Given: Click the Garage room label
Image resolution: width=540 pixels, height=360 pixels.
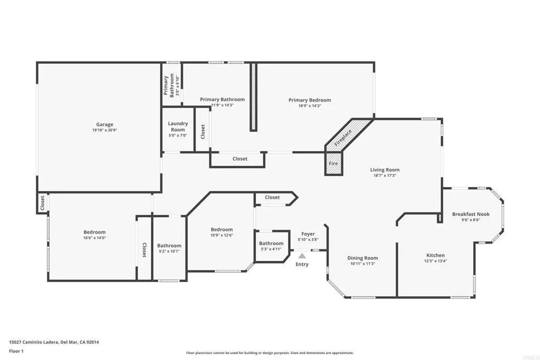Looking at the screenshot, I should click(104, 124).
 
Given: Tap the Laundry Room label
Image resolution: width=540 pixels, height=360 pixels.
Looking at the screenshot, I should click(178, 127).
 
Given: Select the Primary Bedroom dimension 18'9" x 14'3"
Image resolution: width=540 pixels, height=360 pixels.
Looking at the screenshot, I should click(310, 106).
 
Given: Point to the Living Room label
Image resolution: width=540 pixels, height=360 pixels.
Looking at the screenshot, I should click(384, 170).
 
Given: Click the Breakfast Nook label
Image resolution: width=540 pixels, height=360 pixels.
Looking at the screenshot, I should click(470, 214).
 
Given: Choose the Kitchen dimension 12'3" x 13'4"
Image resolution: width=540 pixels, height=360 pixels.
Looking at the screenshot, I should click(436, 261).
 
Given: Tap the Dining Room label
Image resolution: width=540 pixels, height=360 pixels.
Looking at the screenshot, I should click(362, 258).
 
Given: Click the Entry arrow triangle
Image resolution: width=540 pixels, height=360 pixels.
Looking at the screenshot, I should click(302, 256).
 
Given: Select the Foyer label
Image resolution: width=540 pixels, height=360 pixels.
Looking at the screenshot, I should click(308, 234).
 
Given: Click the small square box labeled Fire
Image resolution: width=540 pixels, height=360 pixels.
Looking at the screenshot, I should click(333, 163).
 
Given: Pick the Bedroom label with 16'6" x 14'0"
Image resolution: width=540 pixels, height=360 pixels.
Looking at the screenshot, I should click(94, 232).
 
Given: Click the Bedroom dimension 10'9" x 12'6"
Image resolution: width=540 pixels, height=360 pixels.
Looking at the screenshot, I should click(221, 235).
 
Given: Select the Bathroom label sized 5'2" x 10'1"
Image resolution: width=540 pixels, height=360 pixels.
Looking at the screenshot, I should click(169, 246).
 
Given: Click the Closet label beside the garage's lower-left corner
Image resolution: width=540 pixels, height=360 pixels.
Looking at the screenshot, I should click(42, 203).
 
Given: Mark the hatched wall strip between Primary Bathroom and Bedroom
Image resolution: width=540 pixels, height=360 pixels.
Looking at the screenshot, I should click(253, 97).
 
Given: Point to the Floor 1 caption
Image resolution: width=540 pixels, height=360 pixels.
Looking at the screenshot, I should click(16, 351).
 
